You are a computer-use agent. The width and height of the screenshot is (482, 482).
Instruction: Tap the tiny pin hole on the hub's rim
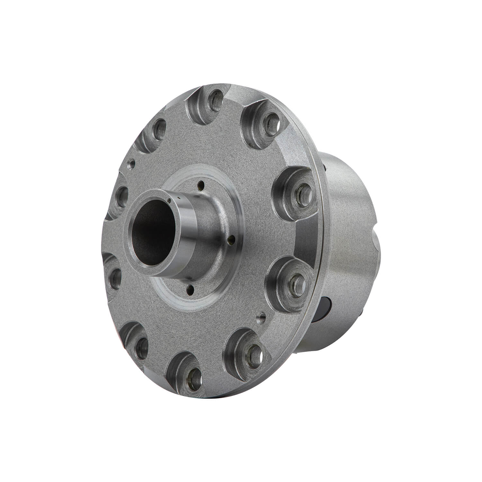tap(169, 201)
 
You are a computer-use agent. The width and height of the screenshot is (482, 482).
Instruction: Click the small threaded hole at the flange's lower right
tap(262, 318)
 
